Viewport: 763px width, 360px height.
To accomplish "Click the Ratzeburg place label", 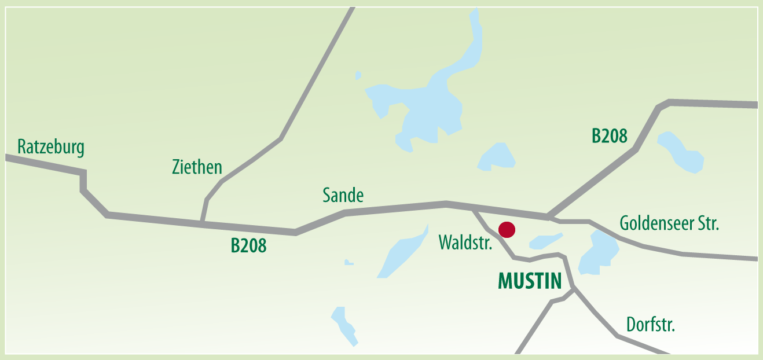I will [x=51, y=147].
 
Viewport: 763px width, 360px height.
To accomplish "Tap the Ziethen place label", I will [x=197, y=167].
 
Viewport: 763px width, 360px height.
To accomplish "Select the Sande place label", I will [x=343, y=196].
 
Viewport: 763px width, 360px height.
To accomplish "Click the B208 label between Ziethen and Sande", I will [x=248, y=246].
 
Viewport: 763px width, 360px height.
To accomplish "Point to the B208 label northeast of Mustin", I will [x=609, y=137].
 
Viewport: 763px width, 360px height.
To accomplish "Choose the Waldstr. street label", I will [x=465, y=242].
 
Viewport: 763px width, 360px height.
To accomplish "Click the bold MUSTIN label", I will [x=530, y=281].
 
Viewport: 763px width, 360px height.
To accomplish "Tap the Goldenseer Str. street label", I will [x=669, y=223].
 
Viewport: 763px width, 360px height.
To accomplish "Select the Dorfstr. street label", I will [x=651, y=325].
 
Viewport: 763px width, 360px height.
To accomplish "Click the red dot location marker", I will [x=507, y=230].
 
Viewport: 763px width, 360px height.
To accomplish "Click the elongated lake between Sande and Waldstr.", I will [x=402, y=252].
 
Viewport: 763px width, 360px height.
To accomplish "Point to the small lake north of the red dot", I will [x=497, y=157].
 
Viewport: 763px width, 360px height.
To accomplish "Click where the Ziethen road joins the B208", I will [x=201, y=222].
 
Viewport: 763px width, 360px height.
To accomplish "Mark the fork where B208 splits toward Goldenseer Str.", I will [x=548, y=217].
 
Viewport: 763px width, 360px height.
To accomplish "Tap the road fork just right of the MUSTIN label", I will [x=573, y=288].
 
